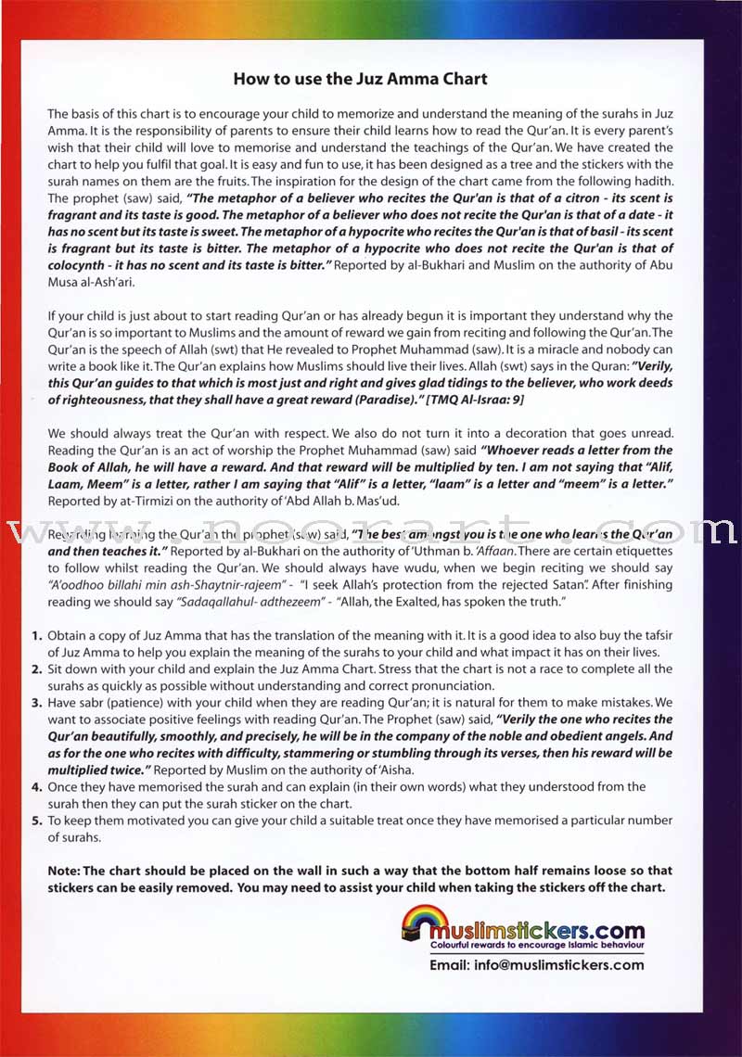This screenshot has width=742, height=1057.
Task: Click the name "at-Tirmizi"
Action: coord(136,501)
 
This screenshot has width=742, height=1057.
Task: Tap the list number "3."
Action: coord(37,703)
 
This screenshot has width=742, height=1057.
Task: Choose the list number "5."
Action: coord(37,821)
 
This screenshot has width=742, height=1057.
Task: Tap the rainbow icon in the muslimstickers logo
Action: coord(422,921)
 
